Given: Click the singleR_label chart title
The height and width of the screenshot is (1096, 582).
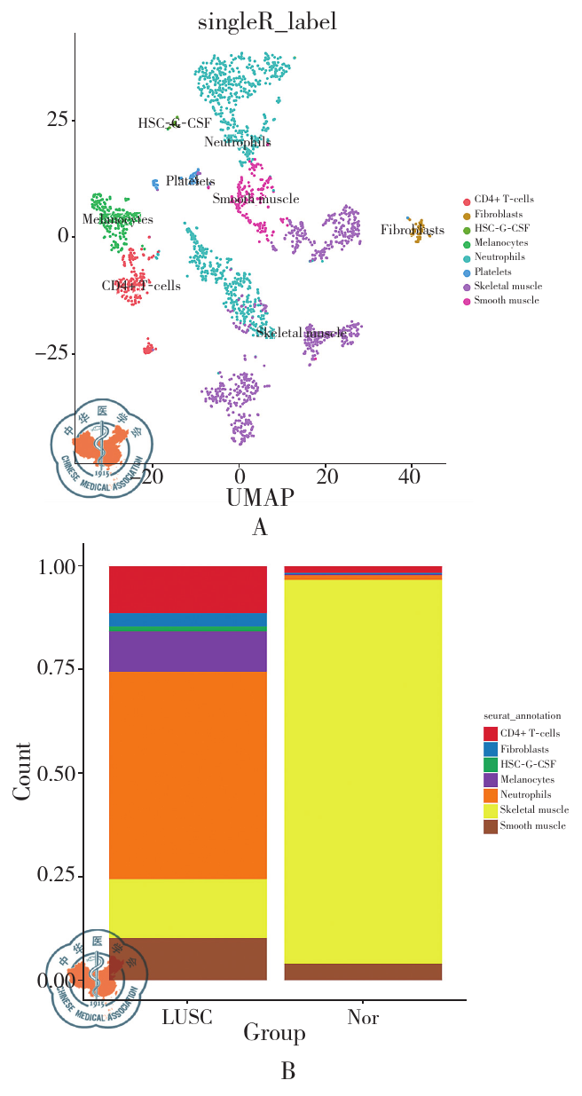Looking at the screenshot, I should click(267, 23).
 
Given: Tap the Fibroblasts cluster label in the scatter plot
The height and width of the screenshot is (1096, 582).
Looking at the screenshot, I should click(413, 231).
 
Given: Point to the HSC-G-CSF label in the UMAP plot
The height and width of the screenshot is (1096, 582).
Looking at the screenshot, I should click(174, 123).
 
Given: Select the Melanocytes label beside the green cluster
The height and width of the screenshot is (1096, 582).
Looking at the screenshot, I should click(117, 219).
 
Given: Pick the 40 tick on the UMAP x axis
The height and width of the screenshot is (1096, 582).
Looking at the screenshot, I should click(410, 477).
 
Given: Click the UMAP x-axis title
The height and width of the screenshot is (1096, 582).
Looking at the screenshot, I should click(260, 498).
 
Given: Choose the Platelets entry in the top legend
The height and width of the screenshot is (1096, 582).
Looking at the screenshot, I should click(492, 272).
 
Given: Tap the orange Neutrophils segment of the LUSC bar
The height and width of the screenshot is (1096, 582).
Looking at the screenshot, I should click(187, 775).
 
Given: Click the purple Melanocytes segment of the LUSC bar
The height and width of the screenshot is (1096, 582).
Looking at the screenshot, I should click(187, 651).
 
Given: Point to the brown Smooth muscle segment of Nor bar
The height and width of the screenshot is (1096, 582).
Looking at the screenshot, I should click(362, 972).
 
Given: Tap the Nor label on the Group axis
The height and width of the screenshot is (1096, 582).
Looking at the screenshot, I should click(363, 1017).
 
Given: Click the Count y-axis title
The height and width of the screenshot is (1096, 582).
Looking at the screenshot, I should click(23, 770).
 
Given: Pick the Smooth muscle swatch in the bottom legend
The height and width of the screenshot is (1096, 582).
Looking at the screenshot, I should click(490, 827).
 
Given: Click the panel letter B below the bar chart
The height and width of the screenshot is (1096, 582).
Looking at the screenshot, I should click(287, 1072).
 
